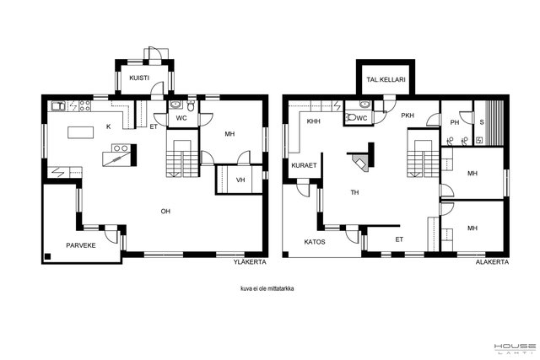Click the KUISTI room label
139,78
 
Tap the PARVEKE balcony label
81,245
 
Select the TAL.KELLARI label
386,79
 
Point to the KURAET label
304,165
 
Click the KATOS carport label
315,242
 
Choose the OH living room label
165,212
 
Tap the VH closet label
240,180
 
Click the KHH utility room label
313,121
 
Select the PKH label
408,116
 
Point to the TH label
354,193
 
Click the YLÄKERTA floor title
250,262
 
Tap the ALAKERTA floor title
492,262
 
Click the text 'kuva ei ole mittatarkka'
267,288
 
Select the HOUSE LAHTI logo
515,349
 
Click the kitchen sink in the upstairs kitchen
58,106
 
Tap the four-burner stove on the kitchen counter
84,105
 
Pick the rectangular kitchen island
81,132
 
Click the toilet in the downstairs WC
351,118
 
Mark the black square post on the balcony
47,256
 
